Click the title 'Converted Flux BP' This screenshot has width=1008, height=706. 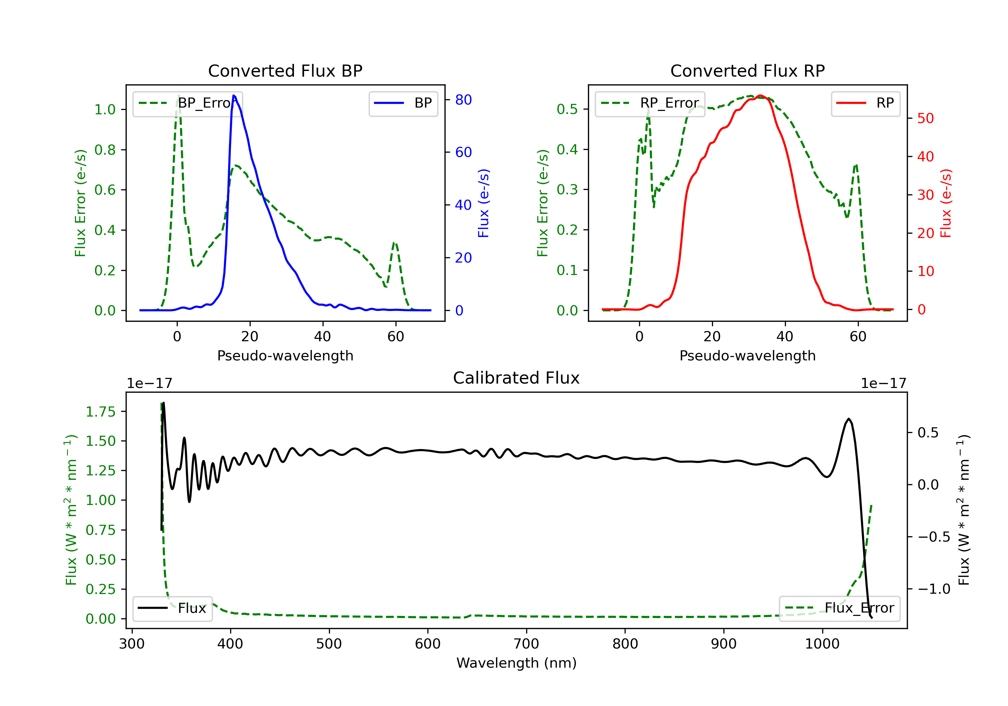coord(285,71)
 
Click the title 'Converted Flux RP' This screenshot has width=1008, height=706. coord(748,71)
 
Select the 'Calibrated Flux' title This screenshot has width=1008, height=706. coord(516,378)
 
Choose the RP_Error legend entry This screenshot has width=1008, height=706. coord(650,103)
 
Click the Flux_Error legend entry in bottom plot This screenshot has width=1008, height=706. coord(839,608)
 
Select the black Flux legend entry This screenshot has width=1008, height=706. coord(172,608)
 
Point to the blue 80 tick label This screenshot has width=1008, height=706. coord(464,100)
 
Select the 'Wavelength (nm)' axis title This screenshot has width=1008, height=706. coord(517,663)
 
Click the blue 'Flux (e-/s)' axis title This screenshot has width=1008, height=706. coord(484,203)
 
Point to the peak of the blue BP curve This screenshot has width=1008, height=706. coord(234,95)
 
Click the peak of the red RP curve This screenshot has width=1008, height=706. coord(760,95)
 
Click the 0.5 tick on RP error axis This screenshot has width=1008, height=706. coord(567,109)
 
